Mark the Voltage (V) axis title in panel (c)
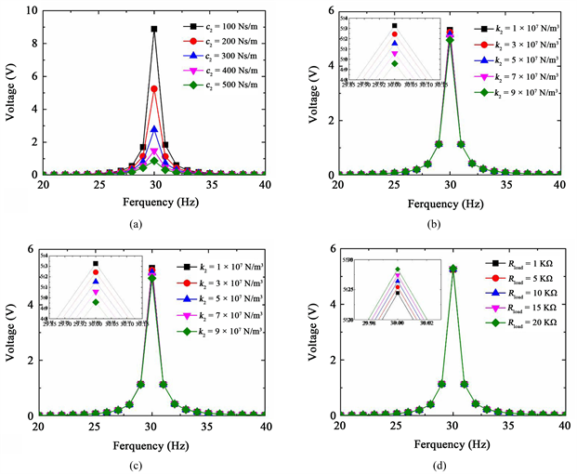pyautogui.click(x=13, y=333)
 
